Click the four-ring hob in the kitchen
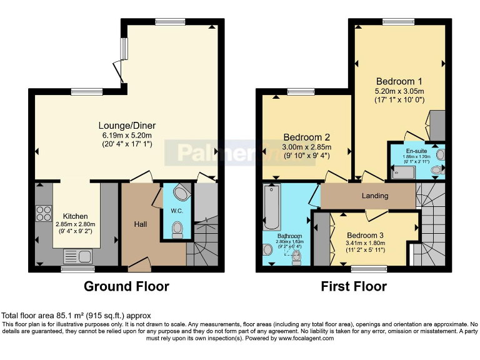44,213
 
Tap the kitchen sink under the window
78,256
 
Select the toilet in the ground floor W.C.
177,229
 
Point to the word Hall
141,224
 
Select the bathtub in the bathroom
271,207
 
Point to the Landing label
374,196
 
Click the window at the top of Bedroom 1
394,22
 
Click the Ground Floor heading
127,287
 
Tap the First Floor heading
354,287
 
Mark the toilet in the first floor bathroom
296,256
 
